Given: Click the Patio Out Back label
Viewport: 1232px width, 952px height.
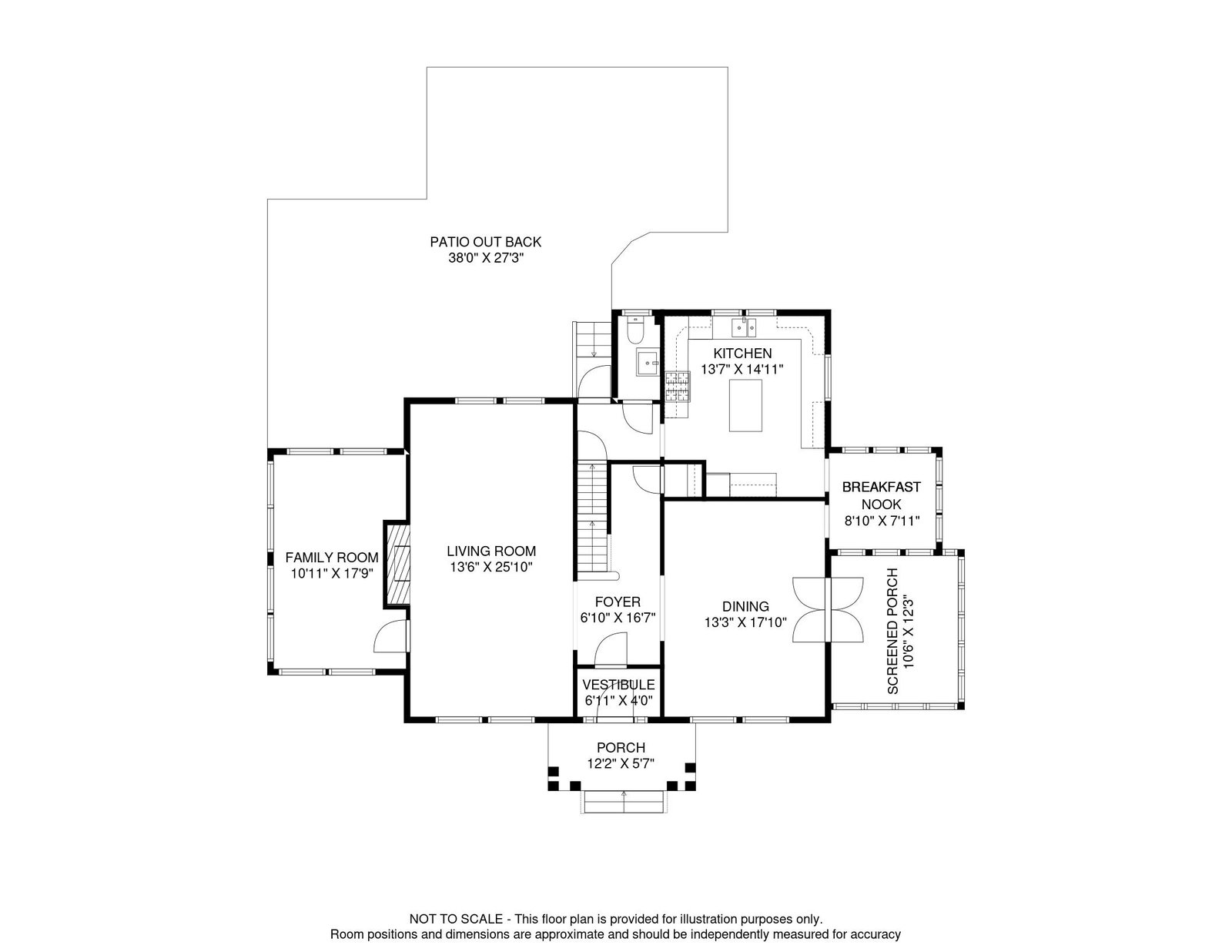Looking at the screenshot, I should [485, 242].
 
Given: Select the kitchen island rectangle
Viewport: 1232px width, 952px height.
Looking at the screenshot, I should [748, 405].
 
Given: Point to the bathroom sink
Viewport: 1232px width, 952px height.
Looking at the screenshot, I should [645, 361].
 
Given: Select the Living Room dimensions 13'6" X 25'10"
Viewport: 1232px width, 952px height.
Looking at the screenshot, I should [491, 568].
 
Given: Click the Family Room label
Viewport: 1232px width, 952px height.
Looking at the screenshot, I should [332, 558].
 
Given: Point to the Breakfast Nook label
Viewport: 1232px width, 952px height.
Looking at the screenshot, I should [881, 495].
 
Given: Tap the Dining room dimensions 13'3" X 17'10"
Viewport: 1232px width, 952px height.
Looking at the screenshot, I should [745, 622].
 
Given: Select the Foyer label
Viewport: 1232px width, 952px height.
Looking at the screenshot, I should [617, 602].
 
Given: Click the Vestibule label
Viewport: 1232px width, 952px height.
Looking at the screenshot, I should [618, 685].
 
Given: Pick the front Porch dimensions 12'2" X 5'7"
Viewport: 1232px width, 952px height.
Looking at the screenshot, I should [620, 764].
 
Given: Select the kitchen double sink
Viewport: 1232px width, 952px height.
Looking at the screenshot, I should [745, 329].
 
